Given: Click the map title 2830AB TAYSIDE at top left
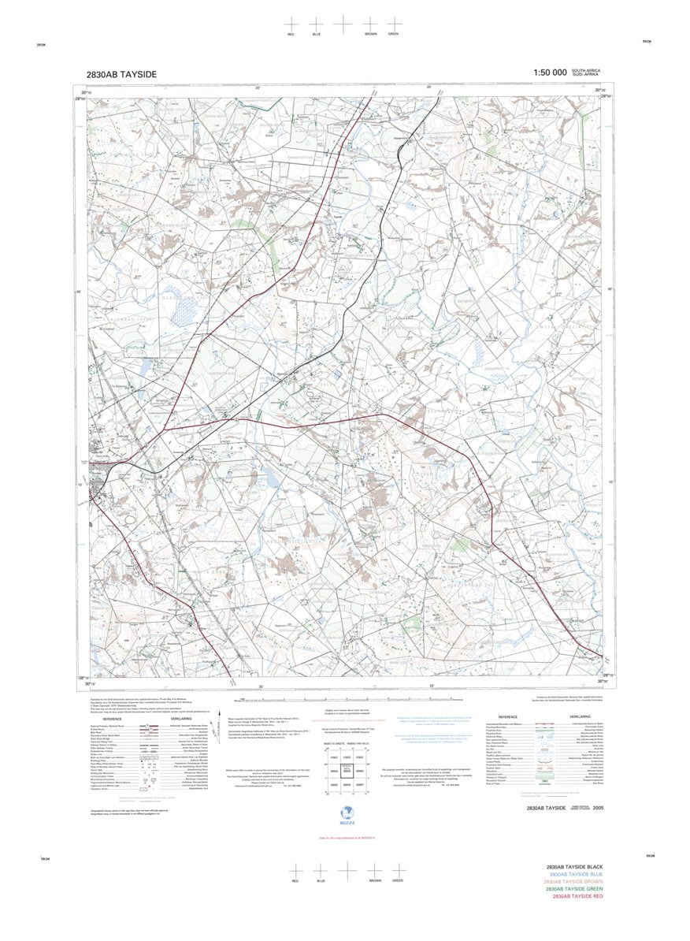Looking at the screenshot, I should [x=121, y=74].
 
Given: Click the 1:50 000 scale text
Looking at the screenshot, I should [x=550, y=73].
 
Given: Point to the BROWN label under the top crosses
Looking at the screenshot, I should [x=370, y=35].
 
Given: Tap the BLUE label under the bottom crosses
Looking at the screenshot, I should [x=321, y=880].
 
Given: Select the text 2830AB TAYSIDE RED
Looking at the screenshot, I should [x=578, y=896].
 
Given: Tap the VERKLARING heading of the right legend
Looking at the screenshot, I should [x=581, y=716].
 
